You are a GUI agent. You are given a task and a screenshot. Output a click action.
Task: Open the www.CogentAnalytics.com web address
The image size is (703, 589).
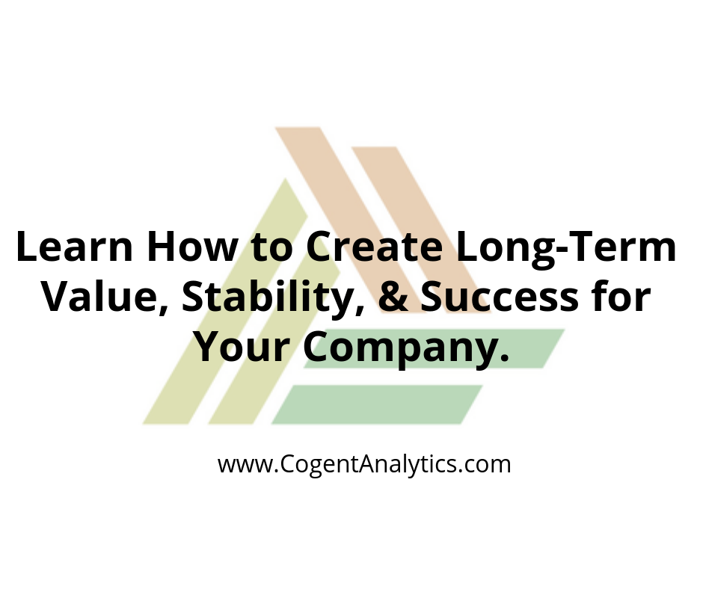tap(364, 464)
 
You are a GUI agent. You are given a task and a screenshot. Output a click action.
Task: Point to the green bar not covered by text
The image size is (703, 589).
tap(378, 404)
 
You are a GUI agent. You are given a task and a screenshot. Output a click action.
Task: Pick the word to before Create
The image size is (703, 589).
tap(272, 248)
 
